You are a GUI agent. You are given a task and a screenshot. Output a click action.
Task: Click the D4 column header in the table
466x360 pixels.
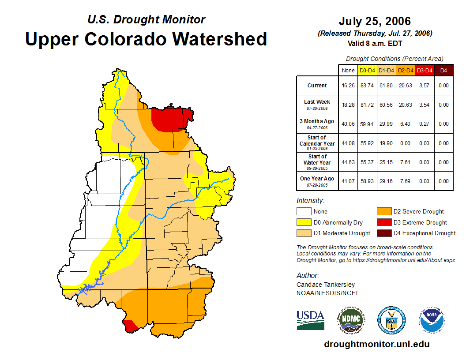click(443, 71)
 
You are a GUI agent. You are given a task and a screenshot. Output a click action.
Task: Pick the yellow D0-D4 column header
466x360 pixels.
click(367, 71)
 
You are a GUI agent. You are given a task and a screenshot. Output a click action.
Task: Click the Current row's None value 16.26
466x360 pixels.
click(348, 86)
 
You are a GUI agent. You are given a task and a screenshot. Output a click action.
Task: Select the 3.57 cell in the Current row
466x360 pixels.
click(425, 86)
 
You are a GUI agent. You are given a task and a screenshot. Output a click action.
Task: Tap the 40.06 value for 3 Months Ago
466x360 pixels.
click(348, 124)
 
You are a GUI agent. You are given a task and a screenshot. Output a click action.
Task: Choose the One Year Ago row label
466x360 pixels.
click(317, 181)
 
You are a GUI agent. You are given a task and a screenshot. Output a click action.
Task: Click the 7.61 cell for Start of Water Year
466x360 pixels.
click(406, 162)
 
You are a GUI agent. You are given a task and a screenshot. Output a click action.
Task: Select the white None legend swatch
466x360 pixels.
click(304, 212)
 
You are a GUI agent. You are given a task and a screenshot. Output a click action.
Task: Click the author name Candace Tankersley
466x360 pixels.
click(326, 285)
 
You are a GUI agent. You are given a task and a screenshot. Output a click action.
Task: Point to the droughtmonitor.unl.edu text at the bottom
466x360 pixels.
click(376, 344)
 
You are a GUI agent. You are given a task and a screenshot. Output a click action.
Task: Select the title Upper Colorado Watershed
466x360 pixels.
click(146, 39)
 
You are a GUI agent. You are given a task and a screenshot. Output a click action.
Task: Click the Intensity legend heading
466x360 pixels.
click(310, 201)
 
